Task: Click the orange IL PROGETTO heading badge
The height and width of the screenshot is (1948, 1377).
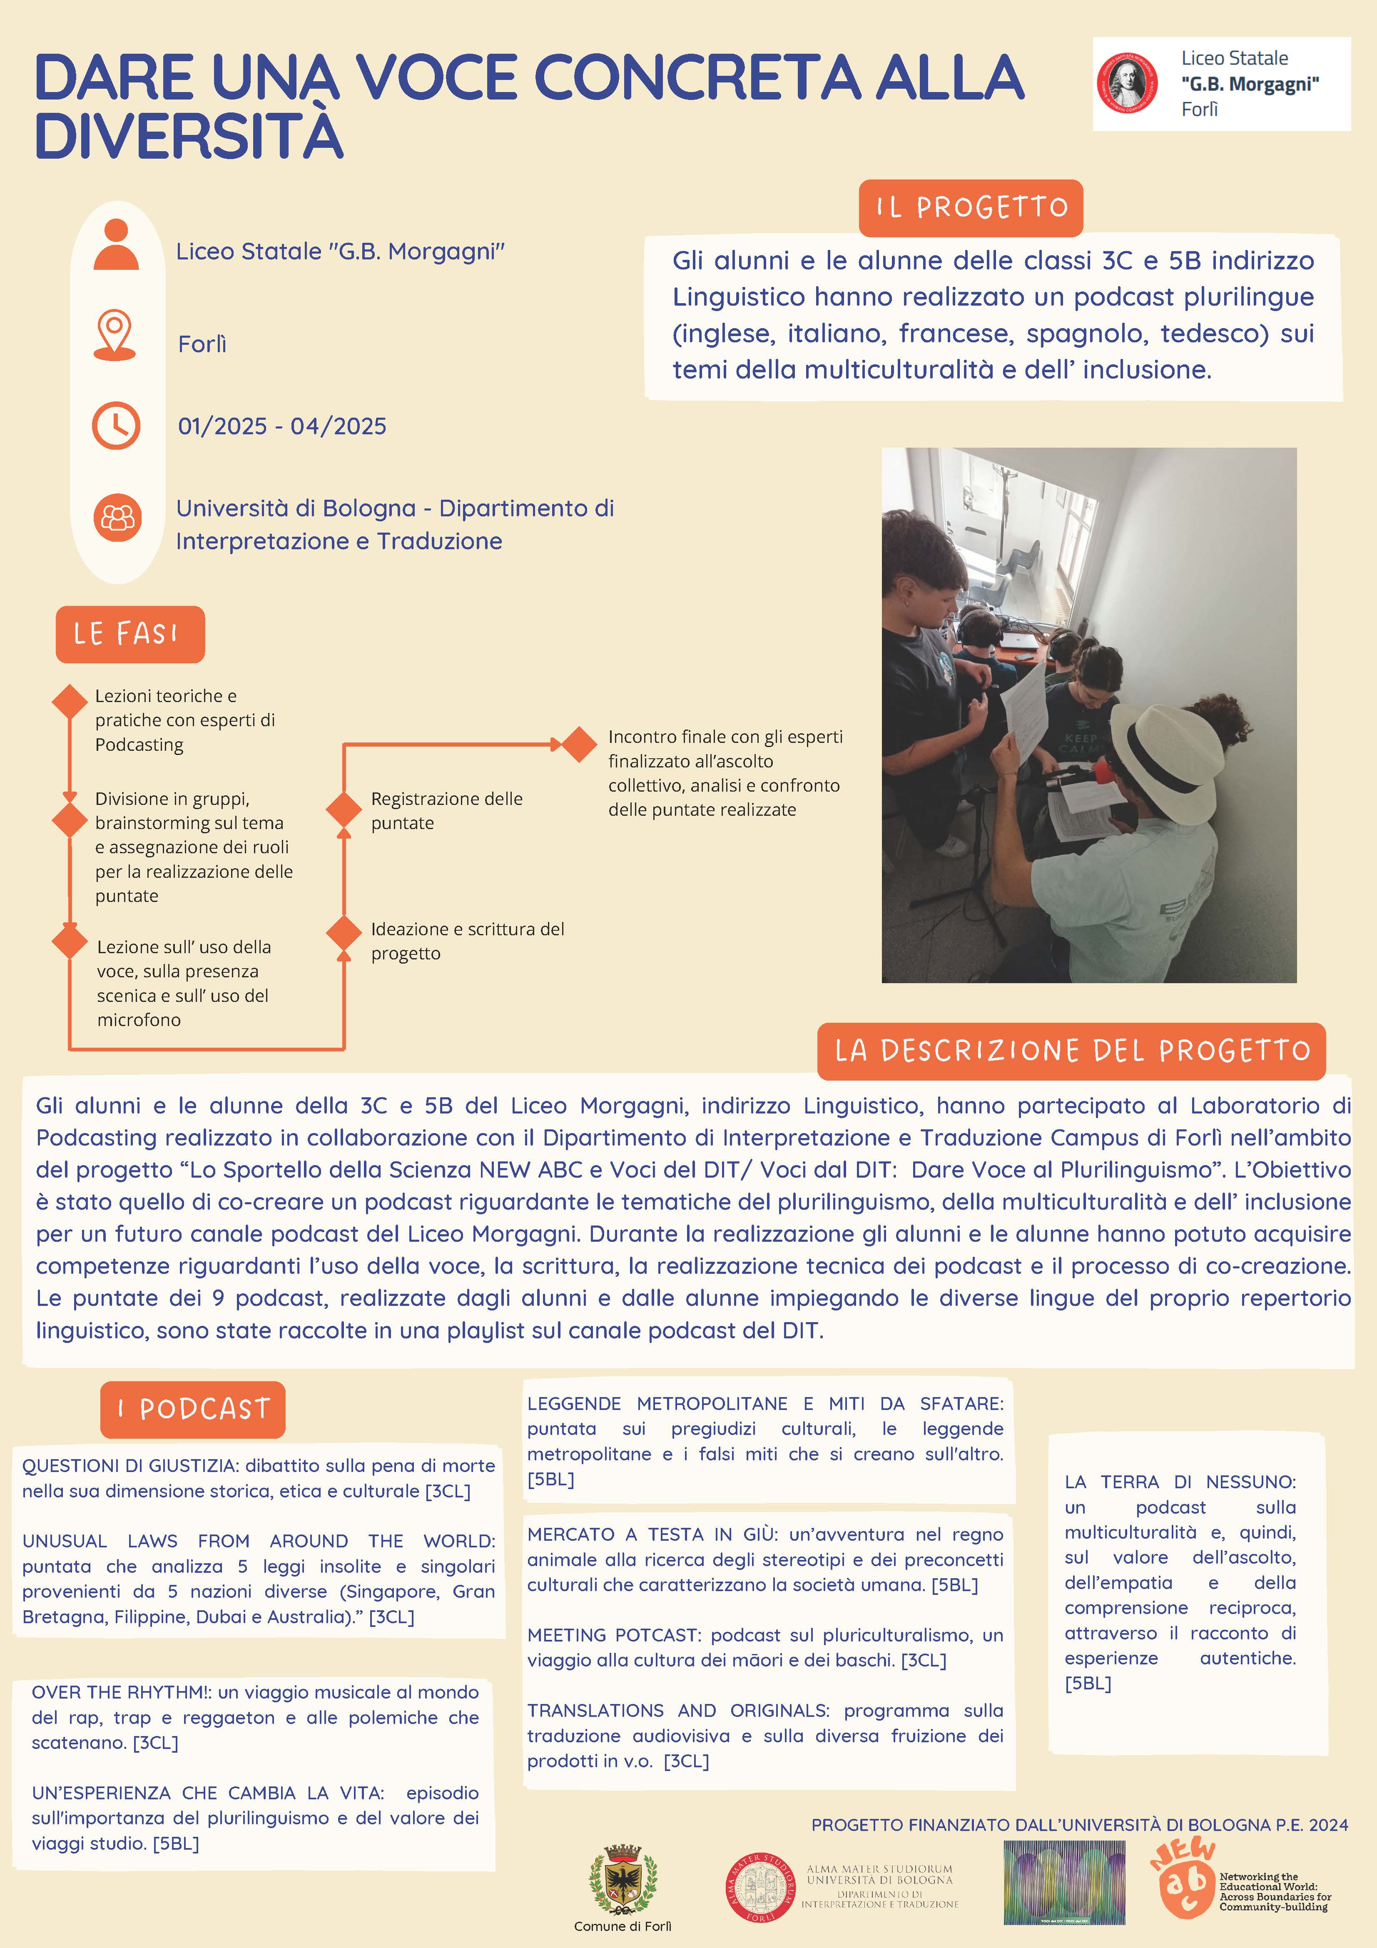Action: pyautogui.click(x=971, y=208)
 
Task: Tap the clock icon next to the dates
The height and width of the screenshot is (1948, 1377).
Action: pyautogui.click(x=116, y=425)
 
